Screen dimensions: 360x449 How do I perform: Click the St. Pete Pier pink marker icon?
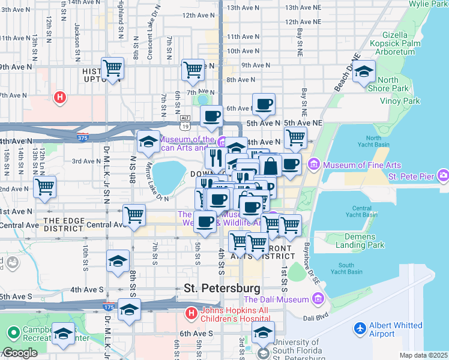point(443,176)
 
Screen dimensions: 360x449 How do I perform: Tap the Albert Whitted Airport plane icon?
point(360,329)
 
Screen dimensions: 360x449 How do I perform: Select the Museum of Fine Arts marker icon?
point(313,164)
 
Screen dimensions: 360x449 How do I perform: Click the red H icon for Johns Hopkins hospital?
point(190,313)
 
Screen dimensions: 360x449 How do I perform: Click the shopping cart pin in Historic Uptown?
point(113,69)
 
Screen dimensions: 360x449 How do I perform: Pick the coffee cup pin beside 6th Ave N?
point(264,105)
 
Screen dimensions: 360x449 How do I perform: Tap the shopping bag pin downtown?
point(270,166)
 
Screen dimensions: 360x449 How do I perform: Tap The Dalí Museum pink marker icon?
point(317,299)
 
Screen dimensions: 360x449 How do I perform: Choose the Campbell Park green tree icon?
point(12,332)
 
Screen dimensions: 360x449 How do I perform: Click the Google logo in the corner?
point(19,353)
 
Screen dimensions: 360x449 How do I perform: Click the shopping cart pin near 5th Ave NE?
point(295,138)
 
